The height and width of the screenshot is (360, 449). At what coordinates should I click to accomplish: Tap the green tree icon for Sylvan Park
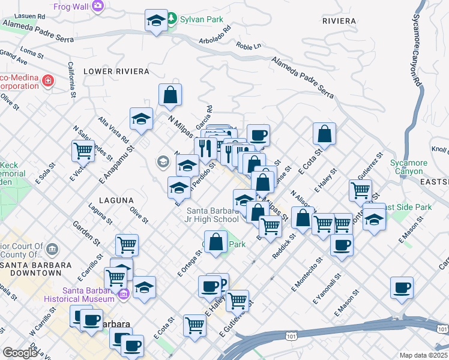tap(172, 19)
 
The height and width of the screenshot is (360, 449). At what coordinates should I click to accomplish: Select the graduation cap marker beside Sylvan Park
tap(156, 22)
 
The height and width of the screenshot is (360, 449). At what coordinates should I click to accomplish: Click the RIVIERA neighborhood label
tap(339, 21)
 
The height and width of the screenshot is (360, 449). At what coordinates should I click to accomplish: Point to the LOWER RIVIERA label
tap(116, 71)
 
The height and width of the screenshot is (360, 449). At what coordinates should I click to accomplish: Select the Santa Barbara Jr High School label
tap(212, 215)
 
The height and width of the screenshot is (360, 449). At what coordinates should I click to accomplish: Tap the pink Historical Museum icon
tap(124, 294)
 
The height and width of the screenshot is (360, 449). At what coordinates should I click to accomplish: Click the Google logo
tap(20, 353)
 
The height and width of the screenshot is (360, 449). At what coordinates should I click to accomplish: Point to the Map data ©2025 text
tap(423, 355)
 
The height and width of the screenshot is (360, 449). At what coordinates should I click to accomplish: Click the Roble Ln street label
tap(249, 46)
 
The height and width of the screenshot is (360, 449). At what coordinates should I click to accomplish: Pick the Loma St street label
tap(32, 53)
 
